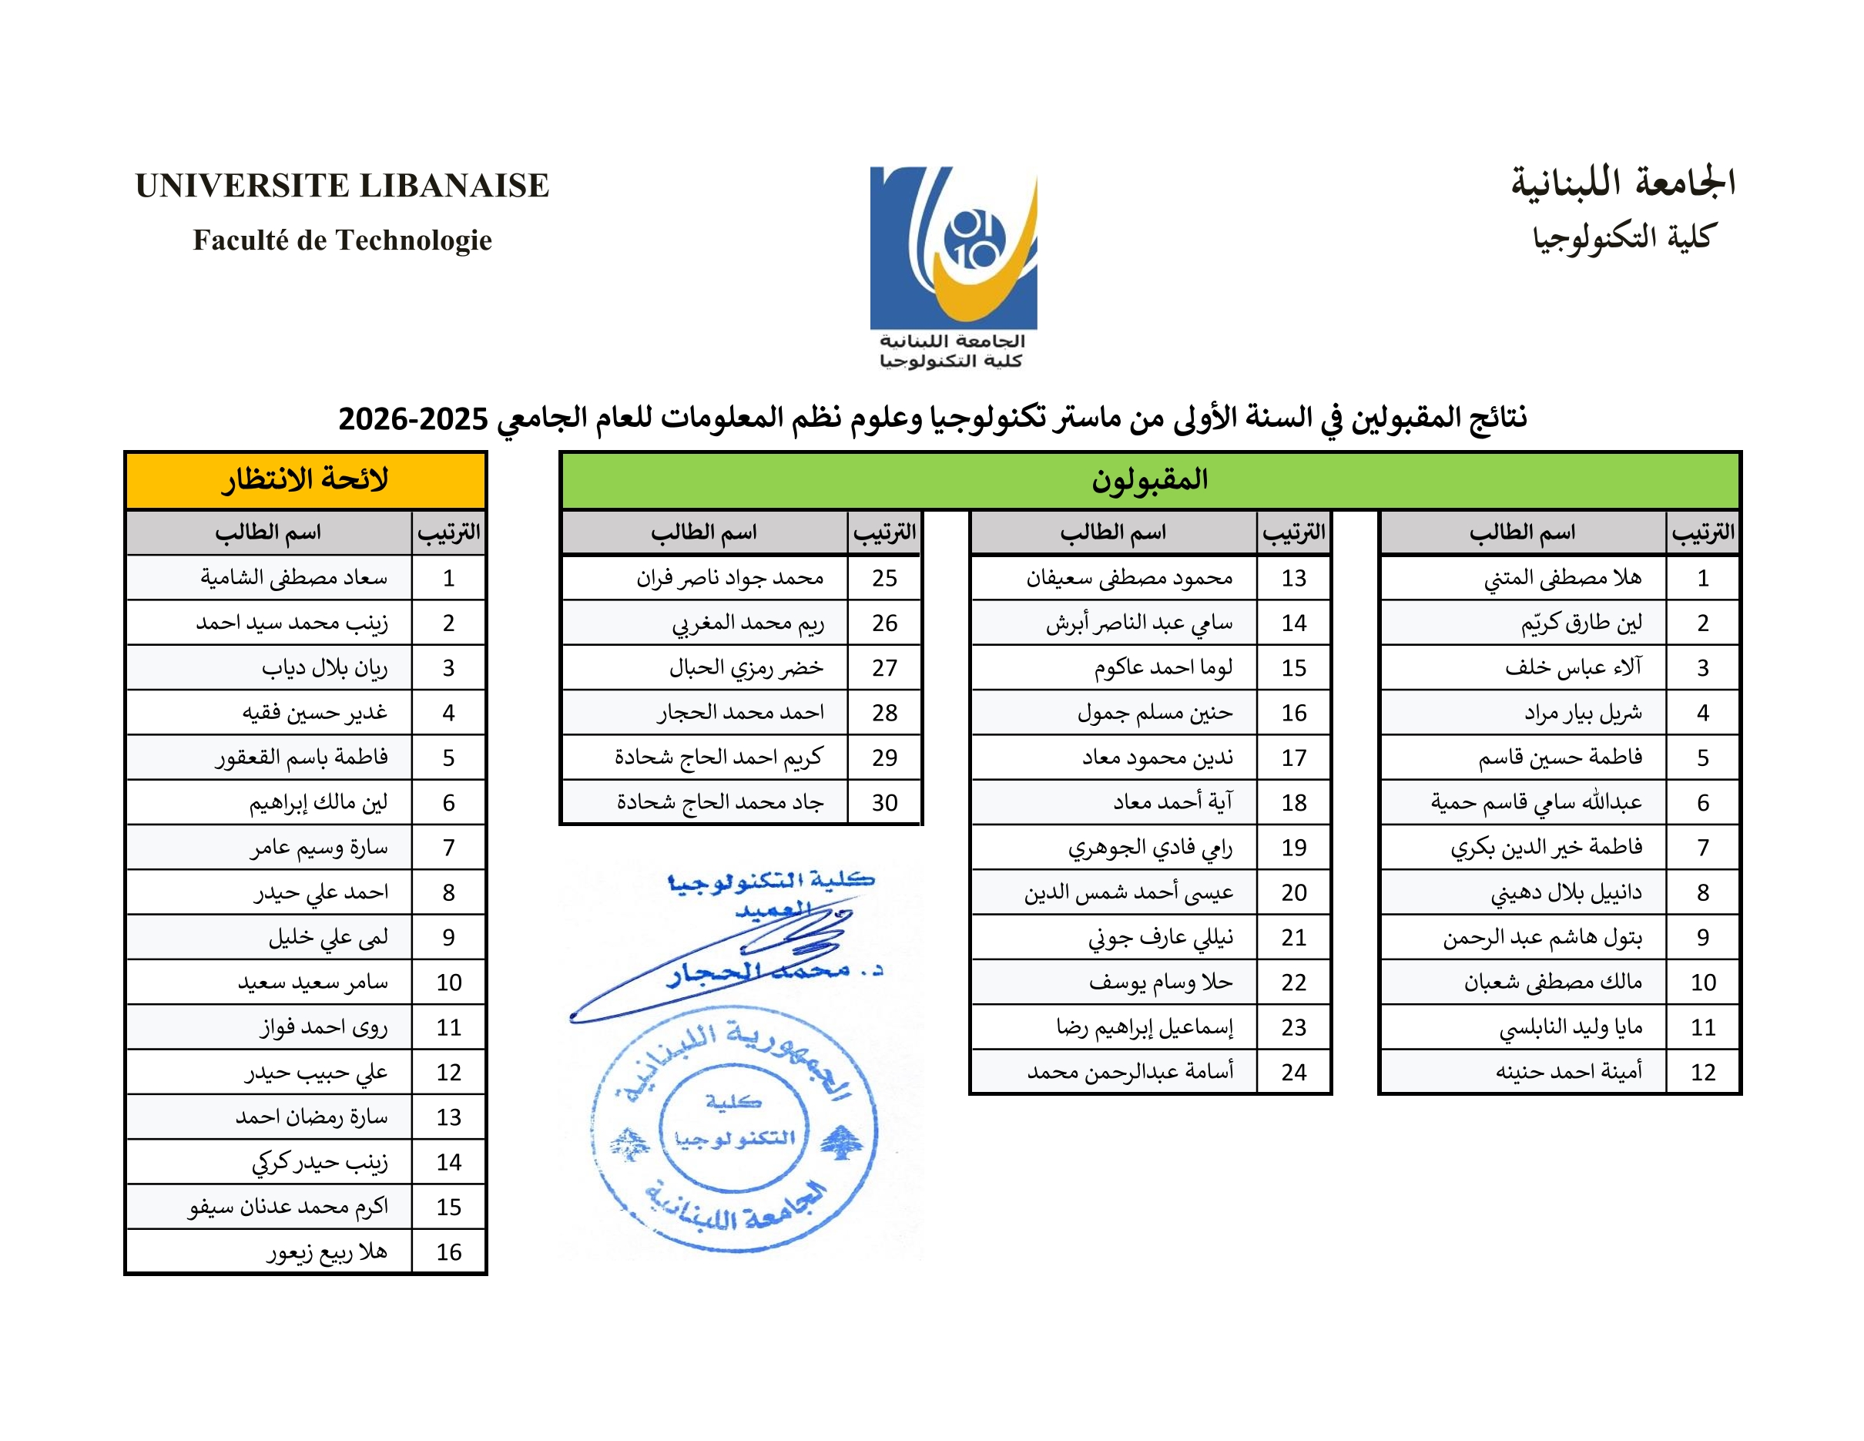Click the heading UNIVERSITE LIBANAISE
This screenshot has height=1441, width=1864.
pos(341,185)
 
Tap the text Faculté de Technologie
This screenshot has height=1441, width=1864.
pos(342,240)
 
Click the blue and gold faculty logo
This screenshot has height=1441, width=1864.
pos(954,247)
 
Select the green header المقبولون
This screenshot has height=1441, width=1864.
pos(1150,480)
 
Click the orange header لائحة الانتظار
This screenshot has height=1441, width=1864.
pos(306,480)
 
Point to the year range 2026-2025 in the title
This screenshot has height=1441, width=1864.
pos(413,419)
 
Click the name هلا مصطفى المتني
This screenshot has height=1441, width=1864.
pos(1562,578)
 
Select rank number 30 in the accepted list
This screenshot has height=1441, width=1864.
pos(884,802)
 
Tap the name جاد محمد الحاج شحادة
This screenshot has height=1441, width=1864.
pos(719,802)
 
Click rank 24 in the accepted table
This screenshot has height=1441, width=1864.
pos(1293,1072)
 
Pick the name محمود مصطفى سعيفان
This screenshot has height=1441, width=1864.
pos(1129,578)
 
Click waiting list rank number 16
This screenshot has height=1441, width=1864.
pos(448,1252)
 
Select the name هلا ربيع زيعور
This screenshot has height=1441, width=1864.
pos(327,1252)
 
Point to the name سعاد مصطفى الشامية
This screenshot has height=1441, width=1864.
pos(293,578)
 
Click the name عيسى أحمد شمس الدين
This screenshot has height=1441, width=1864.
pos(1128,892)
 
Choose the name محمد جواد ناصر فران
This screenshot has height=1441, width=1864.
pos(729,578)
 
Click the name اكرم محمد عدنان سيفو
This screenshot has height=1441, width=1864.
pos(289,1207)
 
